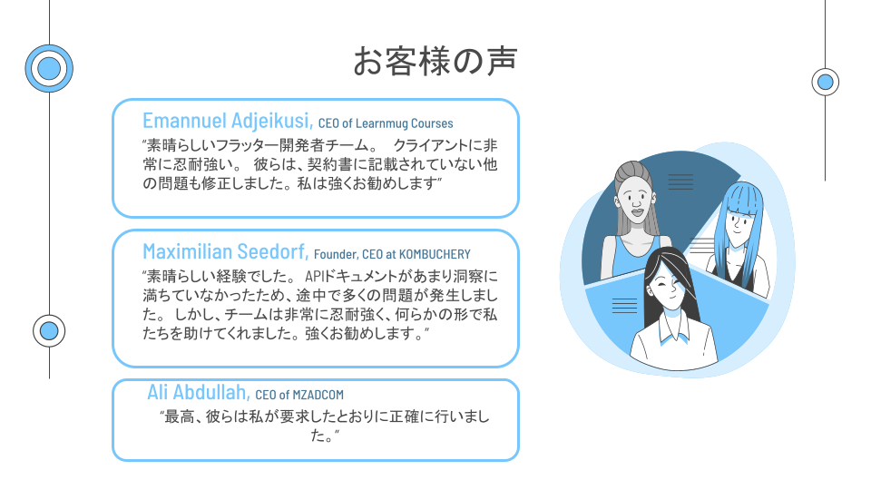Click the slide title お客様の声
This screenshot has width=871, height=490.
[x=435, y=61]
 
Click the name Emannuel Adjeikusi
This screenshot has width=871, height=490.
[x=228, y=121]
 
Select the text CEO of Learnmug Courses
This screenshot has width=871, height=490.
[x=386, y=123]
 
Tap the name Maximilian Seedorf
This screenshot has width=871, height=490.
[x=226, y=251]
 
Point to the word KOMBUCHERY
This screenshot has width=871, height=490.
[x=435, y=254]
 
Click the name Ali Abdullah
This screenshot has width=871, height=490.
[x=199, y=392]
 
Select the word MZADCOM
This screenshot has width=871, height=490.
[x=318, y=395]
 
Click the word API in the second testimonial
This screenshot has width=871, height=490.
[x=313, y=276]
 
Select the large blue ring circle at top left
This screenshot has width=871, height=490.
[x=49, y=68]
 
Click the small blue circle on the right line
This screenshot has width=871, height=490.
[x=826, y=83]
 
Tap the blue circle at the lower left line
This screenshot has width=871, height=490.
[x=49, y=331]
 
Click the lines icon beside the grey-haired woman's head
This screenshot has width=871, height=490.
[x=680, y=181]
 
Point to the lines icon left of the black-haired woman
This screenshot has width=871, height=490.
[x=624, y=306]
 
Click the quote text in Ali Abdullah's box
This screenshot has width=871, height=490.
[x=325, y=426]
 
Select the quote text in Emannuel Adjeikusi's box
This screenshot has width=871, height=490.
[x=320, y=164]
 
